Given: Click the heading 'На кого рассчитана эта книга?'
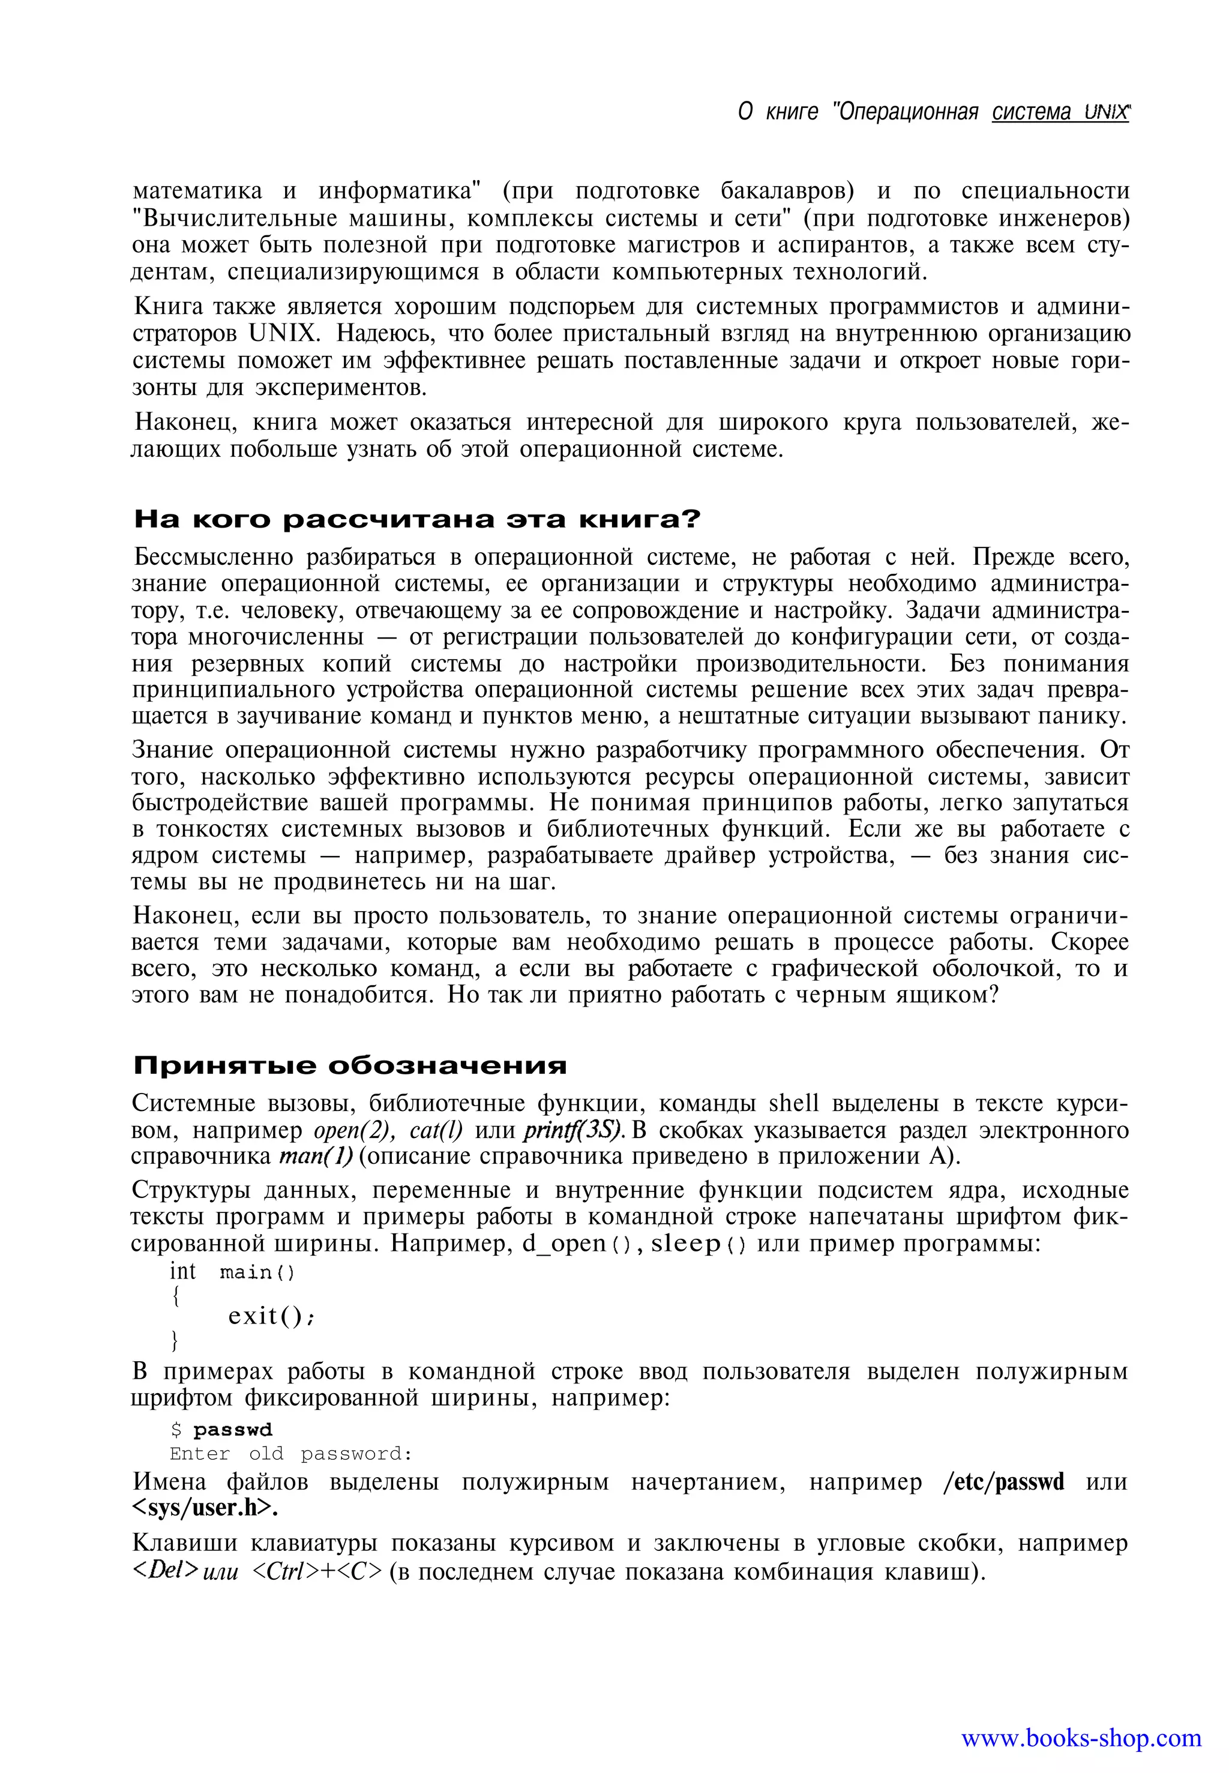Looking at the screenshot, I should pyautogui.click(x=416, y=520).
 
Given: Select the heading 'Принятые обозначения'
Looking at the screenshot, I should pyautogui.click(x=350, y=1066).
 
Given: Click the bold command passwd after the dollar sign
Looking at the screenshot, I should pyautogui.click(x=233, y=1430).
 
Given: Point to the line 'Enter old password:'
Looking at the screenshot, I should pyautogui.click(x=291, y=1454).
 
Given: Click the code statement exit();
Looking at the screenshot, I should pyautogui.click(x=271, y=1316).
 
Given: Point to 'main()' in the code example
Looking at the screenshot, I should pyautogui.click(x=256, y=1272).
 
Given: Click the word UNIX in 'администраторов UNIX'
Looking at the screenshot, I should pyautogui.click(x=283, y=334).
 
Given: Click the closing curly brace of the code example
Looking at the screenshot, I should pyautogui.click(x=174, y=1341).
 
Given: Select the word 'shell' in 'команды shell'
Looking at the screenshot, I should pyautogui.click(x=793, y=1104).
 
